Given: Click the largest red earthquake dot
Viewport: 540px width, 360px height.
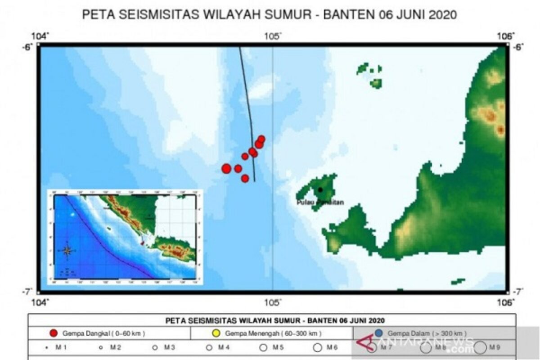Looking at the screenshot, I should (x=226, y=168).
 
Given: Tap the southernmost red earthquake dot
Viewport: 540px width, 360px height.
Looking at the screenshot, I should (x=245, y=178).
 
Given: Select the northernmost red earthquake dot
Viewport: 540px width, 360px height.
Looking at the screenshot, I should (x=261, y=139).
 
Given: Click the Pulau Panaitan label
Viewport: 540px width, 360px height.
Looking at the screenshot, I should (x=320, y=202).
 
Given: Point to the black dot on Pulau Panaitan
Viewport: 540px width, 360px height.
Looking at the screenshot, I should (x=320, y=190).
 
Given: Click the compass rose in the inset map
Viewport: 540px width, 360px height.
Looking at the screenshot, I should (x=67, y=251).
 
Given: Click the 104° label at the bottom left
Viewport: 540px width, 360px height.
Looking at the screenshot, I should (x=42, y=302).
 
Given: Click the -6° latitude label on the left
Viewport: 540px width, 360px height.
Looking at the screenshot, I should (x=27, y=47).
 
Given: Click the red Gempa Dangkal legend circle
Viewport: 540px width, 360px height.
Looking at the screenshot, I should (x=54, y=333).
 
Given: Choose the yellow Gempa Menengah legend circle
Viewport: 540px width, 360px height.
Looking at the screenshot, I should (x=216, y=333).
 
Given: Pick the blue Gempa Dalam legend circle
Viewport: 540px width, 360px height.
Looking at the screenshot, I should (x=378, y=333).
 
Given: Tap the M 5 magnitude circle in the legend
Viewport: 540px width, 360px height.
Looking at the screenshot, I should (x=264, y=347).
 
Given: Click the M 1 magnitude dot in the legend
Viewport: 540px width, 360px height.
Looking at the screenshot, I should (x=46, y=347).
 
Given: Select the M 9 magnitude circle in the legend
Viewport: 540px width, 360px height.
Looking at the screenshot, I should (x=480, y=347).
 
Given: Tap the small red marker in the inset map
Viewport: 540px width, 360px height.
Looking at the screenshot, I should (x=143, y=243).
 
